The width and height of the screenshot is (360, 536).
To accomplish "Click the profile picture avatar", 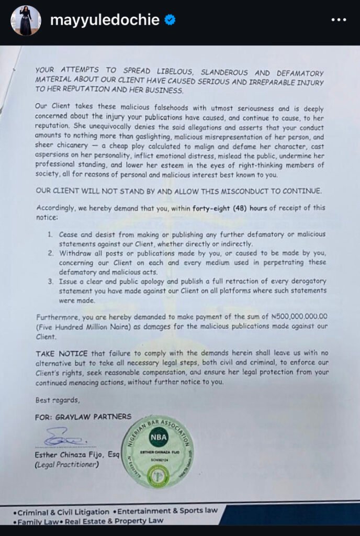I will (26, 20).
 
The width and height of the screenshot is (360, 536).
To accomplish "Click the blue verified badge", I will (170, 20).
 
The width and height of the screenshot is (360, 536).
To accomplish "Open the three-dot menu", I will (339, 20).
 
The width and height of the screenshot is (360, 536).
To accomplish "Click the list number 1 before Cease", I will (51, 234).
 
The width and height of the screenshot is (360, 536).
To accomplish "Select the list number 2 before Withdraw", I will (51, 253).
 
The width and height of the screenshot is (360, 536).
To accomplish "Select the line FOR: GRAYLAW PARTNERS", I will (84, 417).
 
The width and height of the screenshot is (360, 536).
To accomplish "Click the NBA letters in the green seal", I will (157, 436).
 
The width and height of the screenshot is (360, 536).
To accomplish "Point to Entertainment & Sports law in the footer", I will (167, 511).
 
